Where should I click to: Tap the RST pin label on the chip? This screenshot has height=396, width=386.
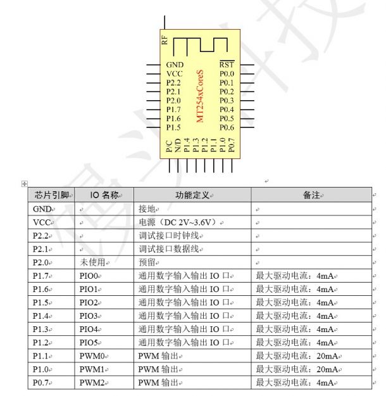coord(226,65)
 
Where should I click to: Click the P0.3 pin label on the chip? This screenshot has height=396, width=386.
coord(227,101)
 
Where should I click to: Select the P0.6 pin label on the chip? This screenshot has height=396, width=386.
coord(227,127)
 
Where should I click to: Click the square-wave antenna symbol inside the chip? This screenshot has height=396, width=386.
coord(200,45)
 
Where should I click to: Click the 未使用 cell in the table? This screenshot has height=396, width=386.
coord(91,262)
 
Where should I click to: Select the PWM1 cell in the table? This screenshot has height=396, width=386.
coord(92,369)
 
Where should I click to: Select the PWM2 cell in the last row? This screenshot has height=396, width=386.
coord(92,383)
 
